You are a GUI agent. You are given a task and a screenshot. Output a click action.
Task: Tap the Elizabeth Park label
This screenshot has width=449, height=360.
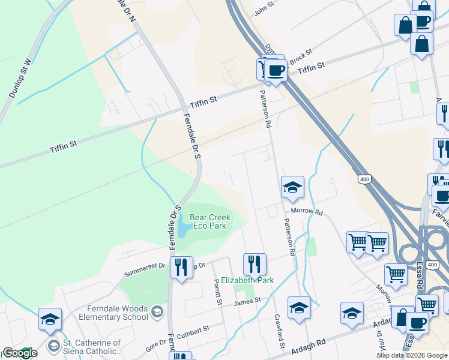[x=247, y=280]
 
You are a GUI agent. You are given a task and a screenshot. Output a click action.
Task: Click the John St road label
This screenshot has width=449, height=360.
[x=264, y=8]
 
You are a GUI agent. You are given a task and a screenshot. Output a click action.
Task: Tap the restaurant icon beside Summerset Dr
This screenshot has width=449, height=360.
[x=181, y=266]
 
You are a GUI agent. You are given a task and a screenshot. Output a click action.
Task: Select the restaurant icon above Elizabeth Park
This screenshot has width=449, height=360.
[x=255, y=263]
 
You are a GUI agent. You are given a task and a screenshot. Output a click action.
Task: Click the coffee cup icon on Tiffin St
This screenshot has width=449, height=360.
[x=276, y=71]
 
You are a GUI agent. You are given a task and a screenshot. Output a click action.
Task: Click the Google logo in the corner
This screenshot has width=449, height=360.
[x=20, y=353]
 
